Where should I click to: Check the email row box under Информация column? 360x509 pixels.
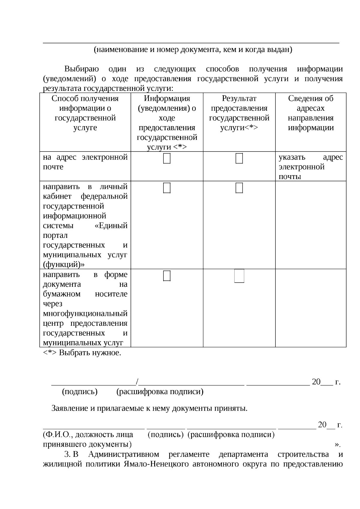(x=167, y=158)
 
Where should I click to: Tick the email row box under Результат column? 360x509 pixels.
(x=239, y=158)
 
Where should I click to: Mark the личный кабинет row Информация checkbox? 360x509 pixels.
(x=167, y=188)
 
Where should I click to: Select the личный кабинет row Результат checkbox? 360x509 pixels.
(x=239, y=188)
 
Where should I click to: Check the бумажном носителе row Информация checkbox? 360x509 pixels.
(x=167, y=276)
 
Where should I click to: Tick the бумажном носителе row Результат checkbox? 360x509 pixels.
(x=239, y=276)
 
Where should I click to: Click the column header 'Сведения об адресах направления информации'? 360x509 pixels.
(x=310, y=113)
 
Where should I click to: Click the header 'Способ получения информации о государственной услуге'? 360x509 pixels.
(x=85, y=113)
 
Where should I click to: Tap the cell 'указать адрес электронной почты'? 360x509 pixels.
(x=310, y=166)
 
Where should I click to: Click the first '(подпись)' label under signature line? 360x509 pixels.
(x=79, y=391)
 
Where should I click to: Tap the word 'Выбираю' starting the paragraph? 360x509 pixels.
(x=82, y=69)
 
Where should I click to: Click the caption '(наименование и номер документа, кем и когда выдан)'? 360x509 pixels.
(x=193, y=49)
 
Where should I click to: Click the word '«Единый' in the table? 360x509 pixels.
(x=111, y=225)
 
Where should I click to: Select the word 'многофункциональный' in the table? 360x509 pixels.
(x=85, y=313)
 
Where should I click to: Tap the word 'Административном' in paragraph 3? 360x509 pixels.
(x=124, y=454)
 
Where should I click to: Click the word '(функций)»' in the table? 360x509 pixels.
(x=64, y=264)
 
